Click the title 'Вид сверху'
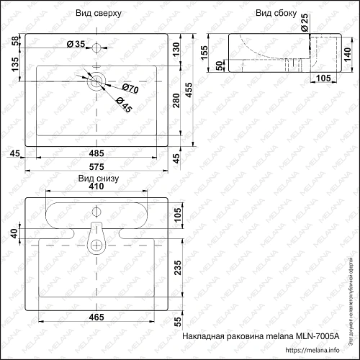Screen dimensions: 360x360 click(98, 14)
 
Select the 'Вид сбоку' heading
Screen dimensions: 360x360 click(272, 14)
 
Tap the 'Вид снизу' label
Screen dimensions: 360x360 click(97, 176)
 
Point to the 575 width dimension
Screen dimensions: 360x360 click(97, 168)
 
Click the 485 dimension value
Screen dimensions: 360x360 click(97, 153)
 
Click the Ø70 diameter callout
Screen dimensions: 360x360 click(130, 89)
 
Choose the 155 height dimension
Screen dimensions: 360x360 click(204, 53)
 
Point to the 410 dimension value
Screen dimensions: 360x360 click(97, 186)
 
